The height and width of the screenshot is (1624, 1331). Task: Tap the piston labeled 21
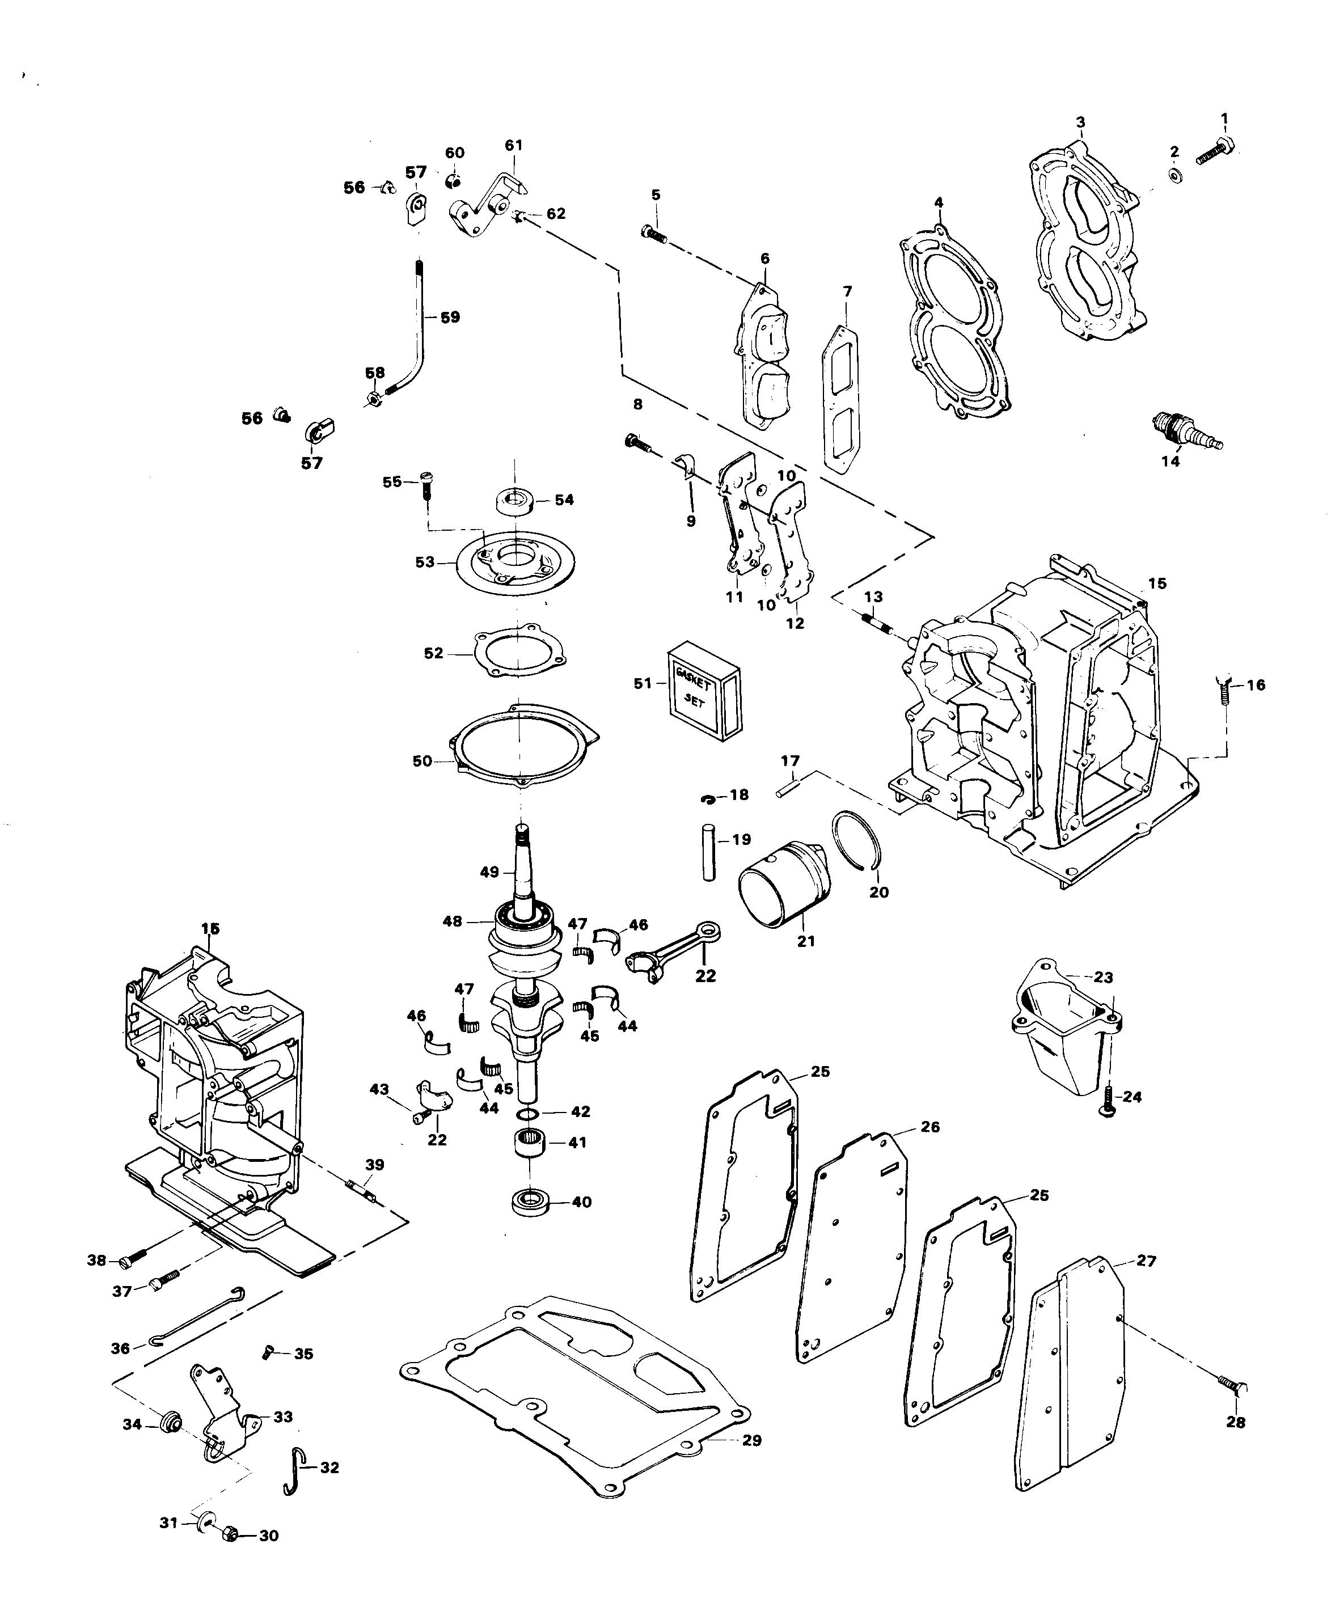pyautogui.click(x=782, y=885)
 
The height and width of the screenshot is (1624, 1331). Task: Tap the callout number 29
pyautogui.click(x=752, y=1440)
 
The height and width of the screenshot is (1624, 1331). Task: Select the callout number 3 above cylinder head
pyautogui.click(x=1080, y=122)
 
